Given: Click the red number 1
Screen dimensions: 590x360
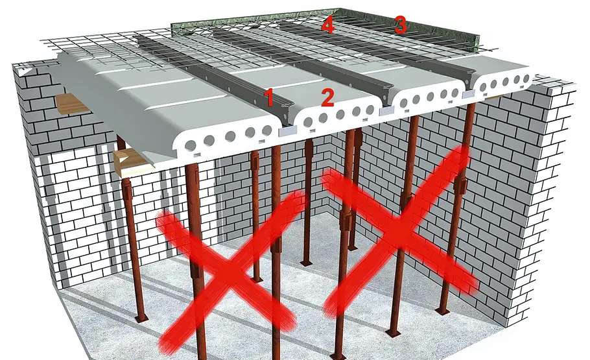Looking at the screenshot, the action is [269, 97].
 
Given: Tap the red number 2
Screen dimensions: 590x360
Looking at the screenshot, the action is [327, 98].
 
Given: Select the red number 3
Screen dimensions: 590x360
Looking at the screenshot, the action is [400, 25].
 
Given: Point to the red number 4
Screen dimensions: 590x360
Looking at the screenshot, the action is [327, 25].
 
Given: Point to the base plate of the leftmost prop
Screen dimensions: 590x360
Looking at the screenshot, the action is [141, 319].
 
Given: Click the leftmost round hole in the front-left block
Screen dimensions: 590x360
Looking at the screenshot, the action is [191, 145].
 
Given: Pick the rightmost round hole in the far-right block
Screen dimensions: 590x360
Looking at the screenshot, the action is [526, 78].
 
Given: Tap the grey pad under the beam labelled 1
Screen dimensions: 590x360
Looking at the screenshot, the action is [287, 131].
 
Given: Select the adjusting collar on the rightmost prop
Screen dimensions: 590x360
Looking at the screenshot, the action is [462, 184].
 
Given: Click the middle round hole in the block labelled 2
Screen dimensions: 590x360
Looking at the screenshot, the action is [339, 114].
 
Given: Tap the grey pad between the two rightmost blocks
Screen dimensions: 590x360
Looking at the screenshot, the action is [469, 94].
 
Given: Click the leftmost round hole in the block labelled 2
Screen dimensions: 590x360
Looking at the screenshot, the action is [308, 122].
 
